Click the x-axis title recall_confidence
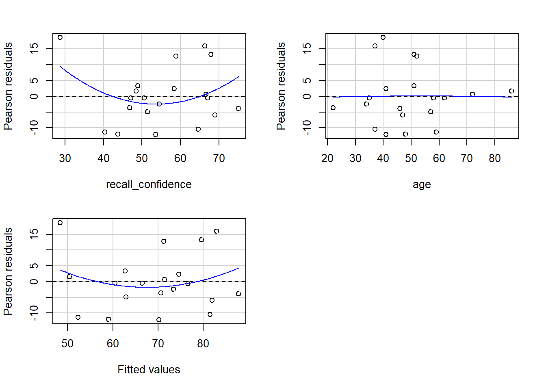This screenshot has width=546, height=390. pos(149,184)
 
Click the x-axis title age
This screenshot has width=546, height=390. pos(422,184)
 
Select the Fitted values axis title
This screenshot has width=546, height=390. pos(149,370)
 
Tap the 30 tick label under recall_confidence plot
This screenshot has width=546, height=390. pos(65,158)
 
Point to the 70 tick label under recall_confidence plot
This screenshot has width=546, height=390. pos(219,158)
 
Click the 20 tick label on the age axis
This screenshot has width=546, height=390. pos(327,158)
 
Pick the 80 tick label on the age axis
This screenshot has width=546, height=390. pos(495,158)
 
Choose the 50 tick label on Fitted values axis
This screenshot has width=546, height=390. pos(67,344)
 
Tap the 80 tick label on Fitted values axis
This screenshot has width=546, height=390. pos(203,344)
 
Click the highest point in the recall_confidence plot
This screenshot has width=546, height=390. pos(60,37)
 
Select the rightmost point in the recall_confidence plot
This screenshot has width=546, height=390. pos(238,108)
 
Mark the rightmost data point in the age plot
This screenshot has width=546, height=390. pos(511,91)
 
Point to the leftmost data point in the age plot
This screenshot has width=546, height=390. pos(333,108)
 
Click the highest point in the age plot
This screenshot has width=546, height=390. pos(383,37)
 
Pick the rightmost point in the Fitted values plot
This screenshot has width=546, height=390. pos(238,294)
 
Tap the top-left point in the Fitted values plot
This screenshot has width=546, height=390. pos(60,223)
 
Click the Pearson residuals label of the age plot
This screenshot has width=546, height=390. pos(281,86)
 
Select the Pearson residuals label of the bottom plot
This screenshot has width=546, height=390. pos(8,271)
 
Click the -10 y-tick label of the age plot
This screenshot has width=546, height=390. pos(307,128)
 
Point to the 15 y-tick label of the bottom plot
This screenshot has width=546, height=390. pos(34,234)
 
